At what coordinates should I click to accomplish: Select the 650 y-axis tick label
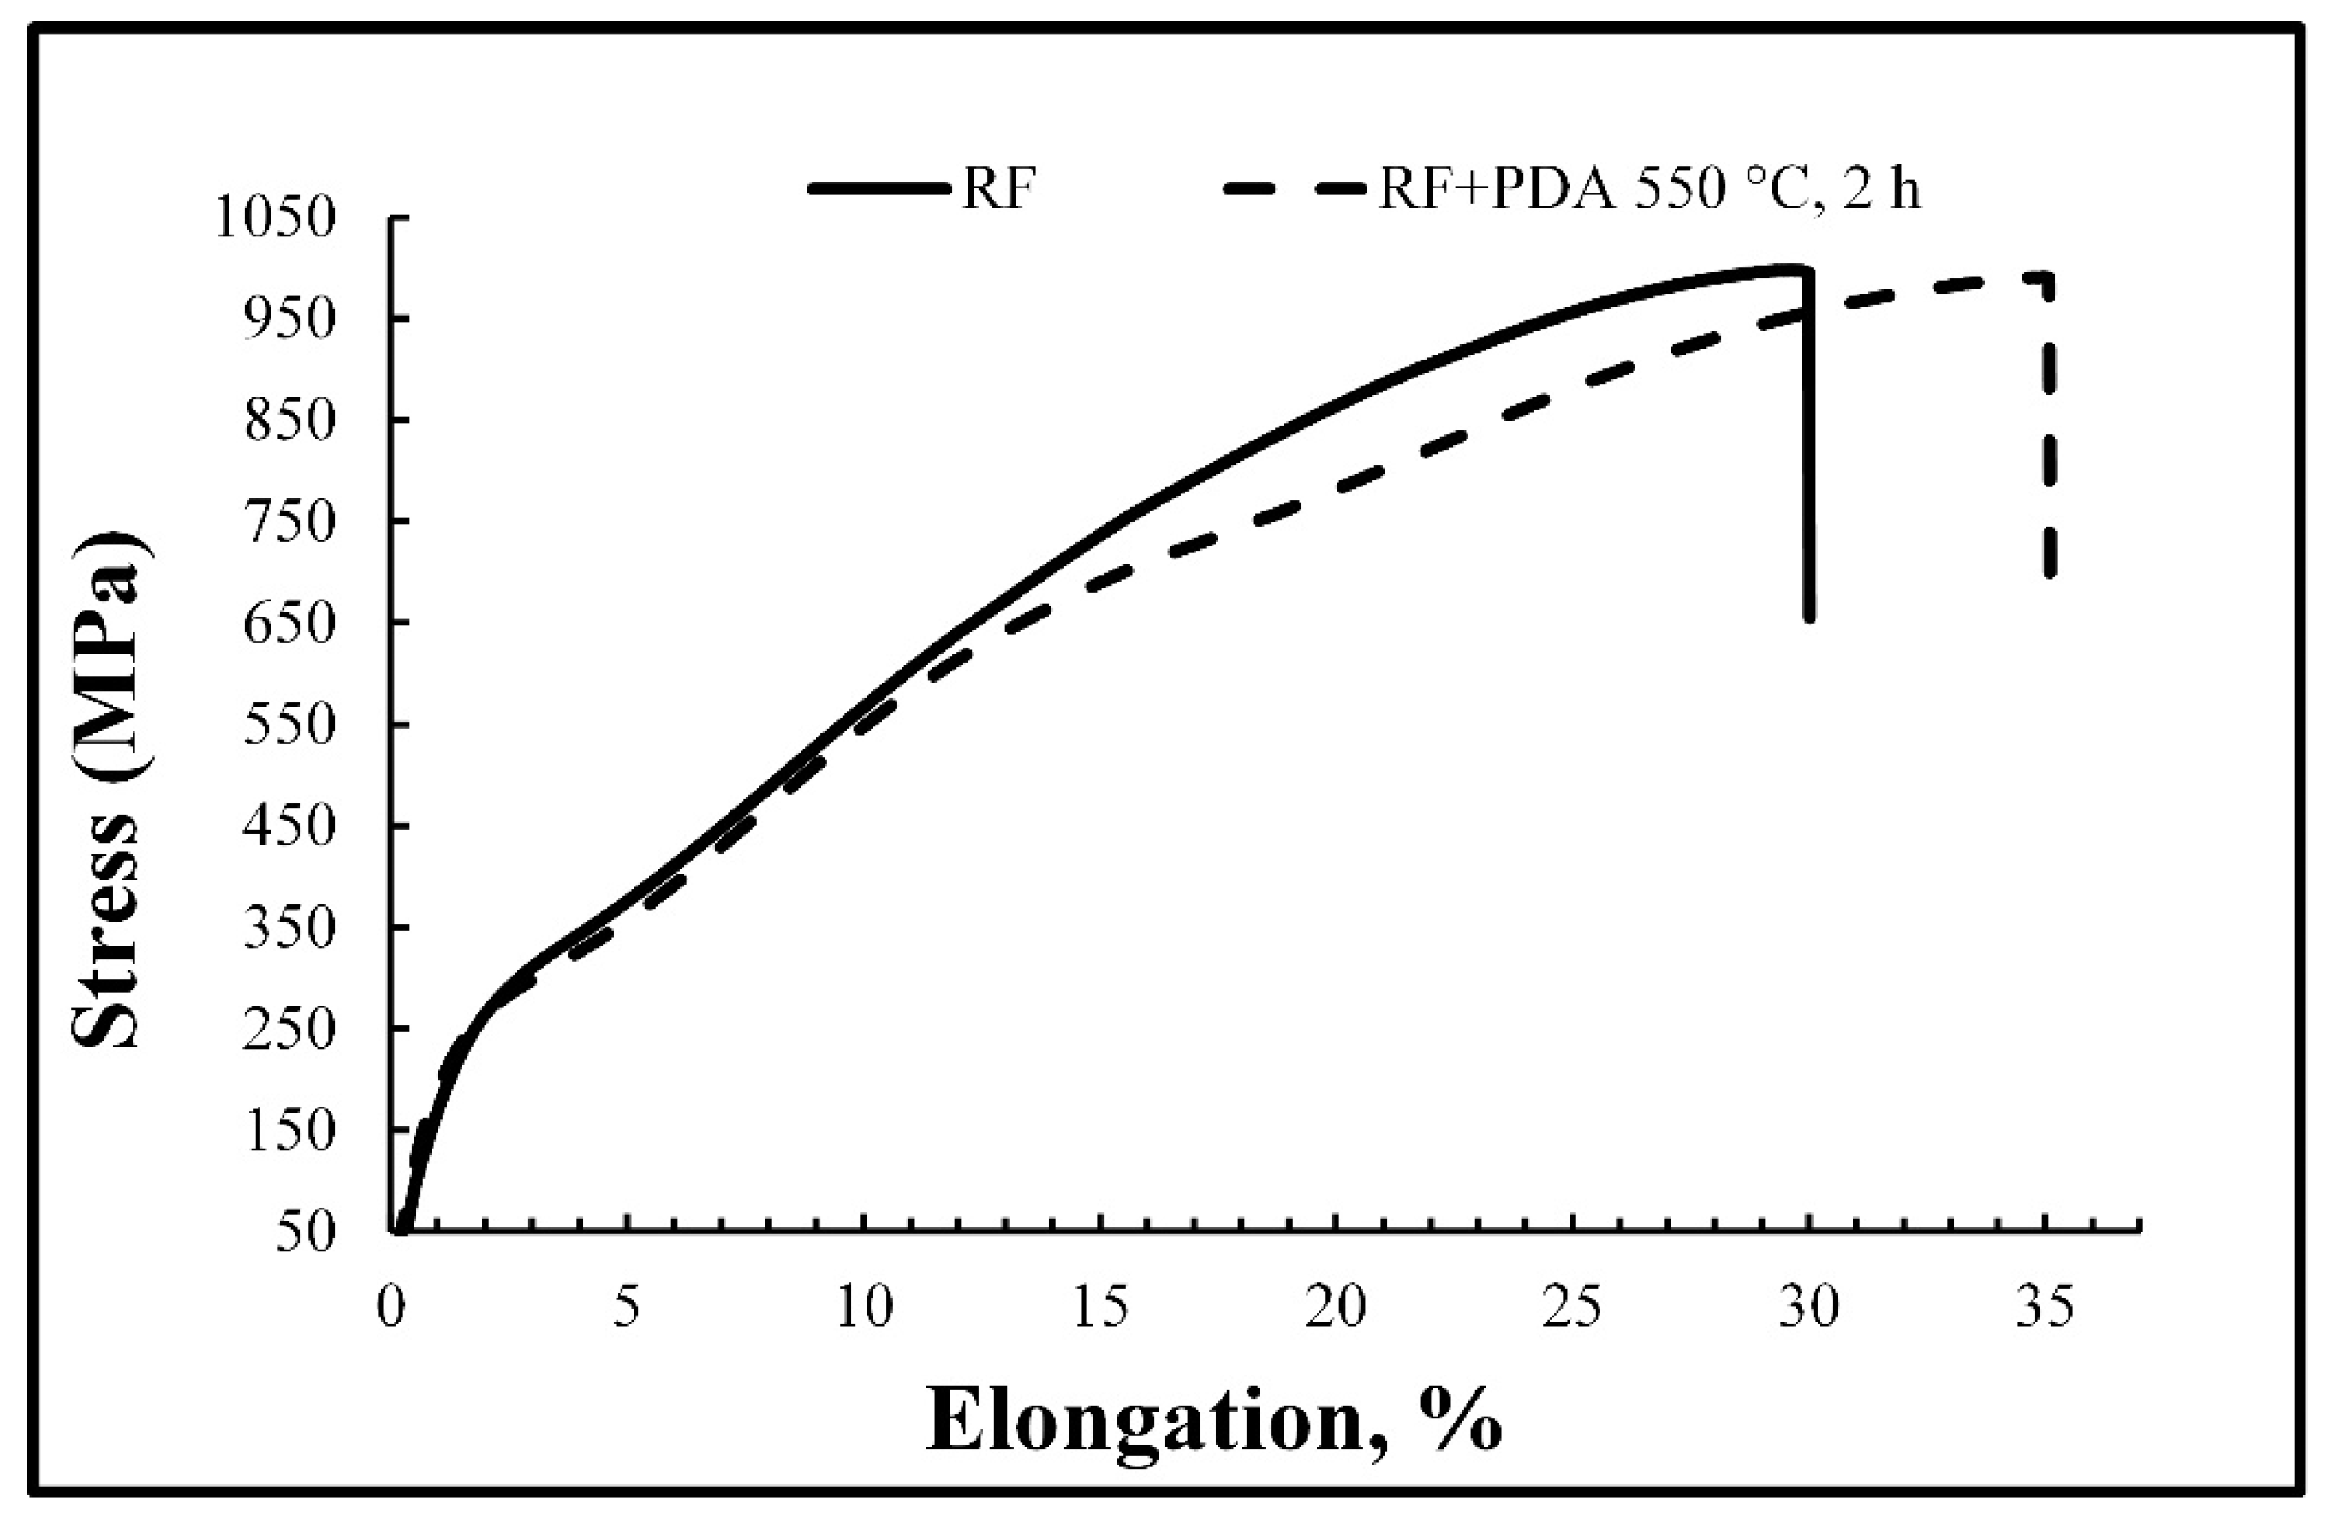pos(293,622)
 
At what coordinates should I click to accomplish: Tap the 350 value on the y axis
pos(293,926)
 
